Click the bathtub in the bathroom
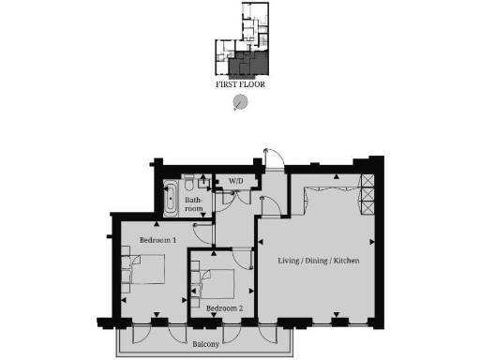click(170, 196)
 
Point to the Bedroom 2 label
click(224, 308)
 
